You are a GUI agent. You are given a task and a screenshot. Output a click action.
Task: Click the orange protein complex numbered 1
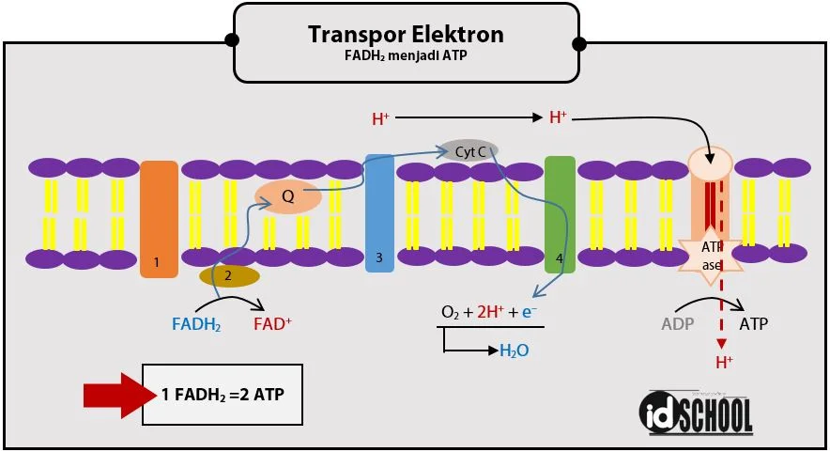[159, 219]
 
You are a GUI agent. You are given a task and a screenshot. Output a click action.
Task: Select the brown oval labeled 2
[229, 275]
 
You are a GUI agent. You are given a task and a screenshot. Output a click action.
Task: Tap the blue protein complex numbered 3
[379, 213]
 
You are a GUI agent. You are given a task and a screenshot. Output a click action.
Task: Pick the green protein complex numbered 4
[560, 214]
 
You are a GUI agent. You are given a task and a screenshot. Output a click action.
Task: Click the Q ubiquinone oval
[288, 196]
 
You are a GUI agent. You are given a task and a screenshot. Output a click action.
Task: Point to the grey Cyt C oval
[470, 151]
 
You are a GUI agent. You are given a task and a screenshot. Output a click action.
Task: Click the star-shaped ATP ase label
[711, 257]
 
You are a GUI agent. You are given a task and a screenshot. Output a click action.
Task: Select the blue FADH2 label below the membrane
[196, 324]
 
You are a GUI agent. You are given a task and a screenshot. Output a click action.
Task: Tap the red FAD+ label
[272, 323]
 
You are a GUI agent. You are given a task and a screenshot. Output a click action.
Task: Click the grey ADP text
[678, 324]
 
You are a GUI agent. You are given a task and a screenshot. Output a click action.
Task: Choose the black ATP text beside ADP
[753, 323]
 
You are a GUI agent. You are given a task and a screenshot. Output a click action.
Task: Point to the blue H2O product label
[514, 351]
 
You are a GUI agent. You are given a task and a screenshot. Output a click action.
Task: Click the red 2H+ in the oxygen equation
[491, 312]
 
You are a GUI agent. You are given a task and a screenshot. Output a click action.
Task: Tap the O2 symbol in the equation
[451, 313]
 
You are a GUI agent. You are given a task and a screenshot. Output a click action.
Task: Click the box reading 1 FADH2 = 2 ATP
[223, 395]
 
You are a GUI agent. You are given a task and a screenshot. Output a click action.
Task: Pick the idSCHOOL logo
[696, 413]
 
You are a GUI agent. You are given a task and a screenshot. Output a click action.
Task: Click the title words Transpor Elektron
[406, 35]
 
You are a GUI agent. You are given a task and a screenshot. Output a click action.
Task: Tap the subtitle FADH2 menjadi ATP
[406, 55]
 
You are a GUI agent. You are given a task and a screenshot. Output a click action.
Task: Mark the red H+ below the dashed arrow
[724, 363]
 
